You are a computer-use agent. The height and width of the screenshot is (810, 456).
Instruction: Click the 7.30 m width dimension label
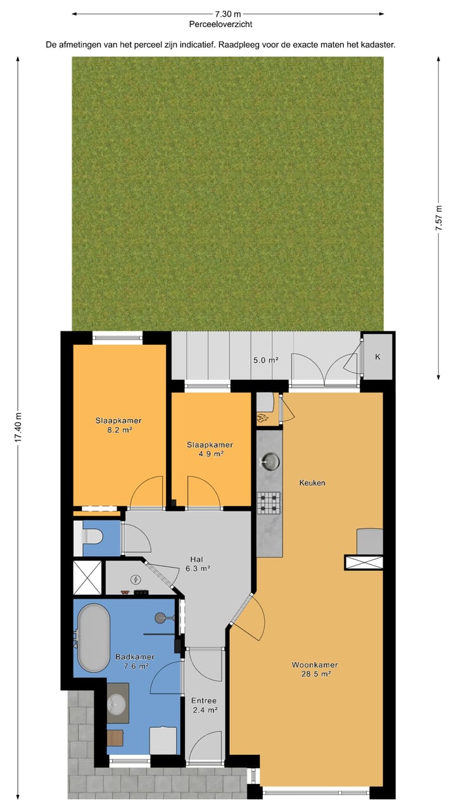pos(227,13)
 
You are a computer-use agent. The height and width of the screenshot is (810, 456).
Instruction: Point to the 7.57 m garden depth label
pos(438,218)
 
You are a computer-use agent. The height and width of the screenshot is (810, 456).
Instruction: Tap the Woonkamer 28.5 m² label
pos(314,670)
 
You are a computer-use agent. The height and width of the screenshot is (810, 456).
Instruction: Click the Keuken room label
pos(312,483)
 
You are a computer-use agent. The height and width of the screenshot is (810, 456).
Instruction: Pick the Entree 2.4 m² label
pos(204,705)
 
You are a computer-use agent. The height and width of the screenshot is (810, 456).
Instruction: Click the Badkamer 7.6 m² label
pos(132,661)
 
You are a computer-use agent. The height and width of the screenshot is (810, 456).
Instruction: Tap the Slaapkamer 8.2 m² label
pos(118,425)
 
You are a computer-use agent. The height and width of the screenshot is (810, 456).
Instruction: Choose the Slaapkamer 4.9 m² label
pos(210,449)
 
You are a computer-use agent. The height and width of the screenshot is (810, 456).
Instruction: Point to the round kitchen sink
pos(269,462)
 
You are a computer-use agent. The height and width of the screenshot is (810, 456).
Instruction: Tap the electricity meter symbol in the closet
pos(136,579)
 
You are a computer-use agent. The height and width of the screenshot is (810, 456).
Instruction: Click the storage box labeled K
pos(377,356)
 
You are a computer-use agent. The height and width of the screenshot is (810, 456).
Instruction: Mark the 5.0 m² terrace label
pos(266,360)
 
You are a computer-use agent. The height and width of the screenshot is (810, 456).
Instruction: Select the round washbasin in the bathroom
pos(117,702)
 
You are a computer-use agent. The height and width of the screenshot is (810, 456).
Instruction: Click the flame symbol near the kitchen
pos(262,417)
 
